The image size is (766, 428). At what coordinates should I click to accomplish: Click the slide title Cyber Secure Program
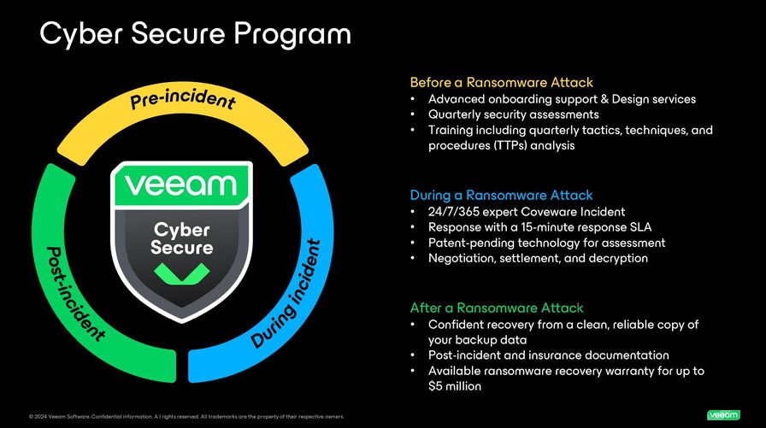pos(196,33)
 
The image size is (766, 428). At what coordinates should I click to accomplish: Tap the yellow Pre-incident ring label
pos(183,100)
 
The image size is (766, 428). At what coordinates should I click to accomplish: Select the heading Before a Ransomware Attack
pos(501,83)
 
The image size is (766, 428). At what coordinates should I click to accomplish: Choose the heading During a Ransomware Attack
pos(501,195)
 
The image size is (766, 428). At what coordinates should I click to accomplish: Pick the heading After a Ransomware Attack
pos(497,308)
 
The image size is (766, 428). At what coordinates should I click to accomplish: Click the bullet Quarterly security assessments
pos(513,114)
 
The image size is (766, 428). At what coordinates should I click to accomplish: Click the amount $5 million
pos(455,386)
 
